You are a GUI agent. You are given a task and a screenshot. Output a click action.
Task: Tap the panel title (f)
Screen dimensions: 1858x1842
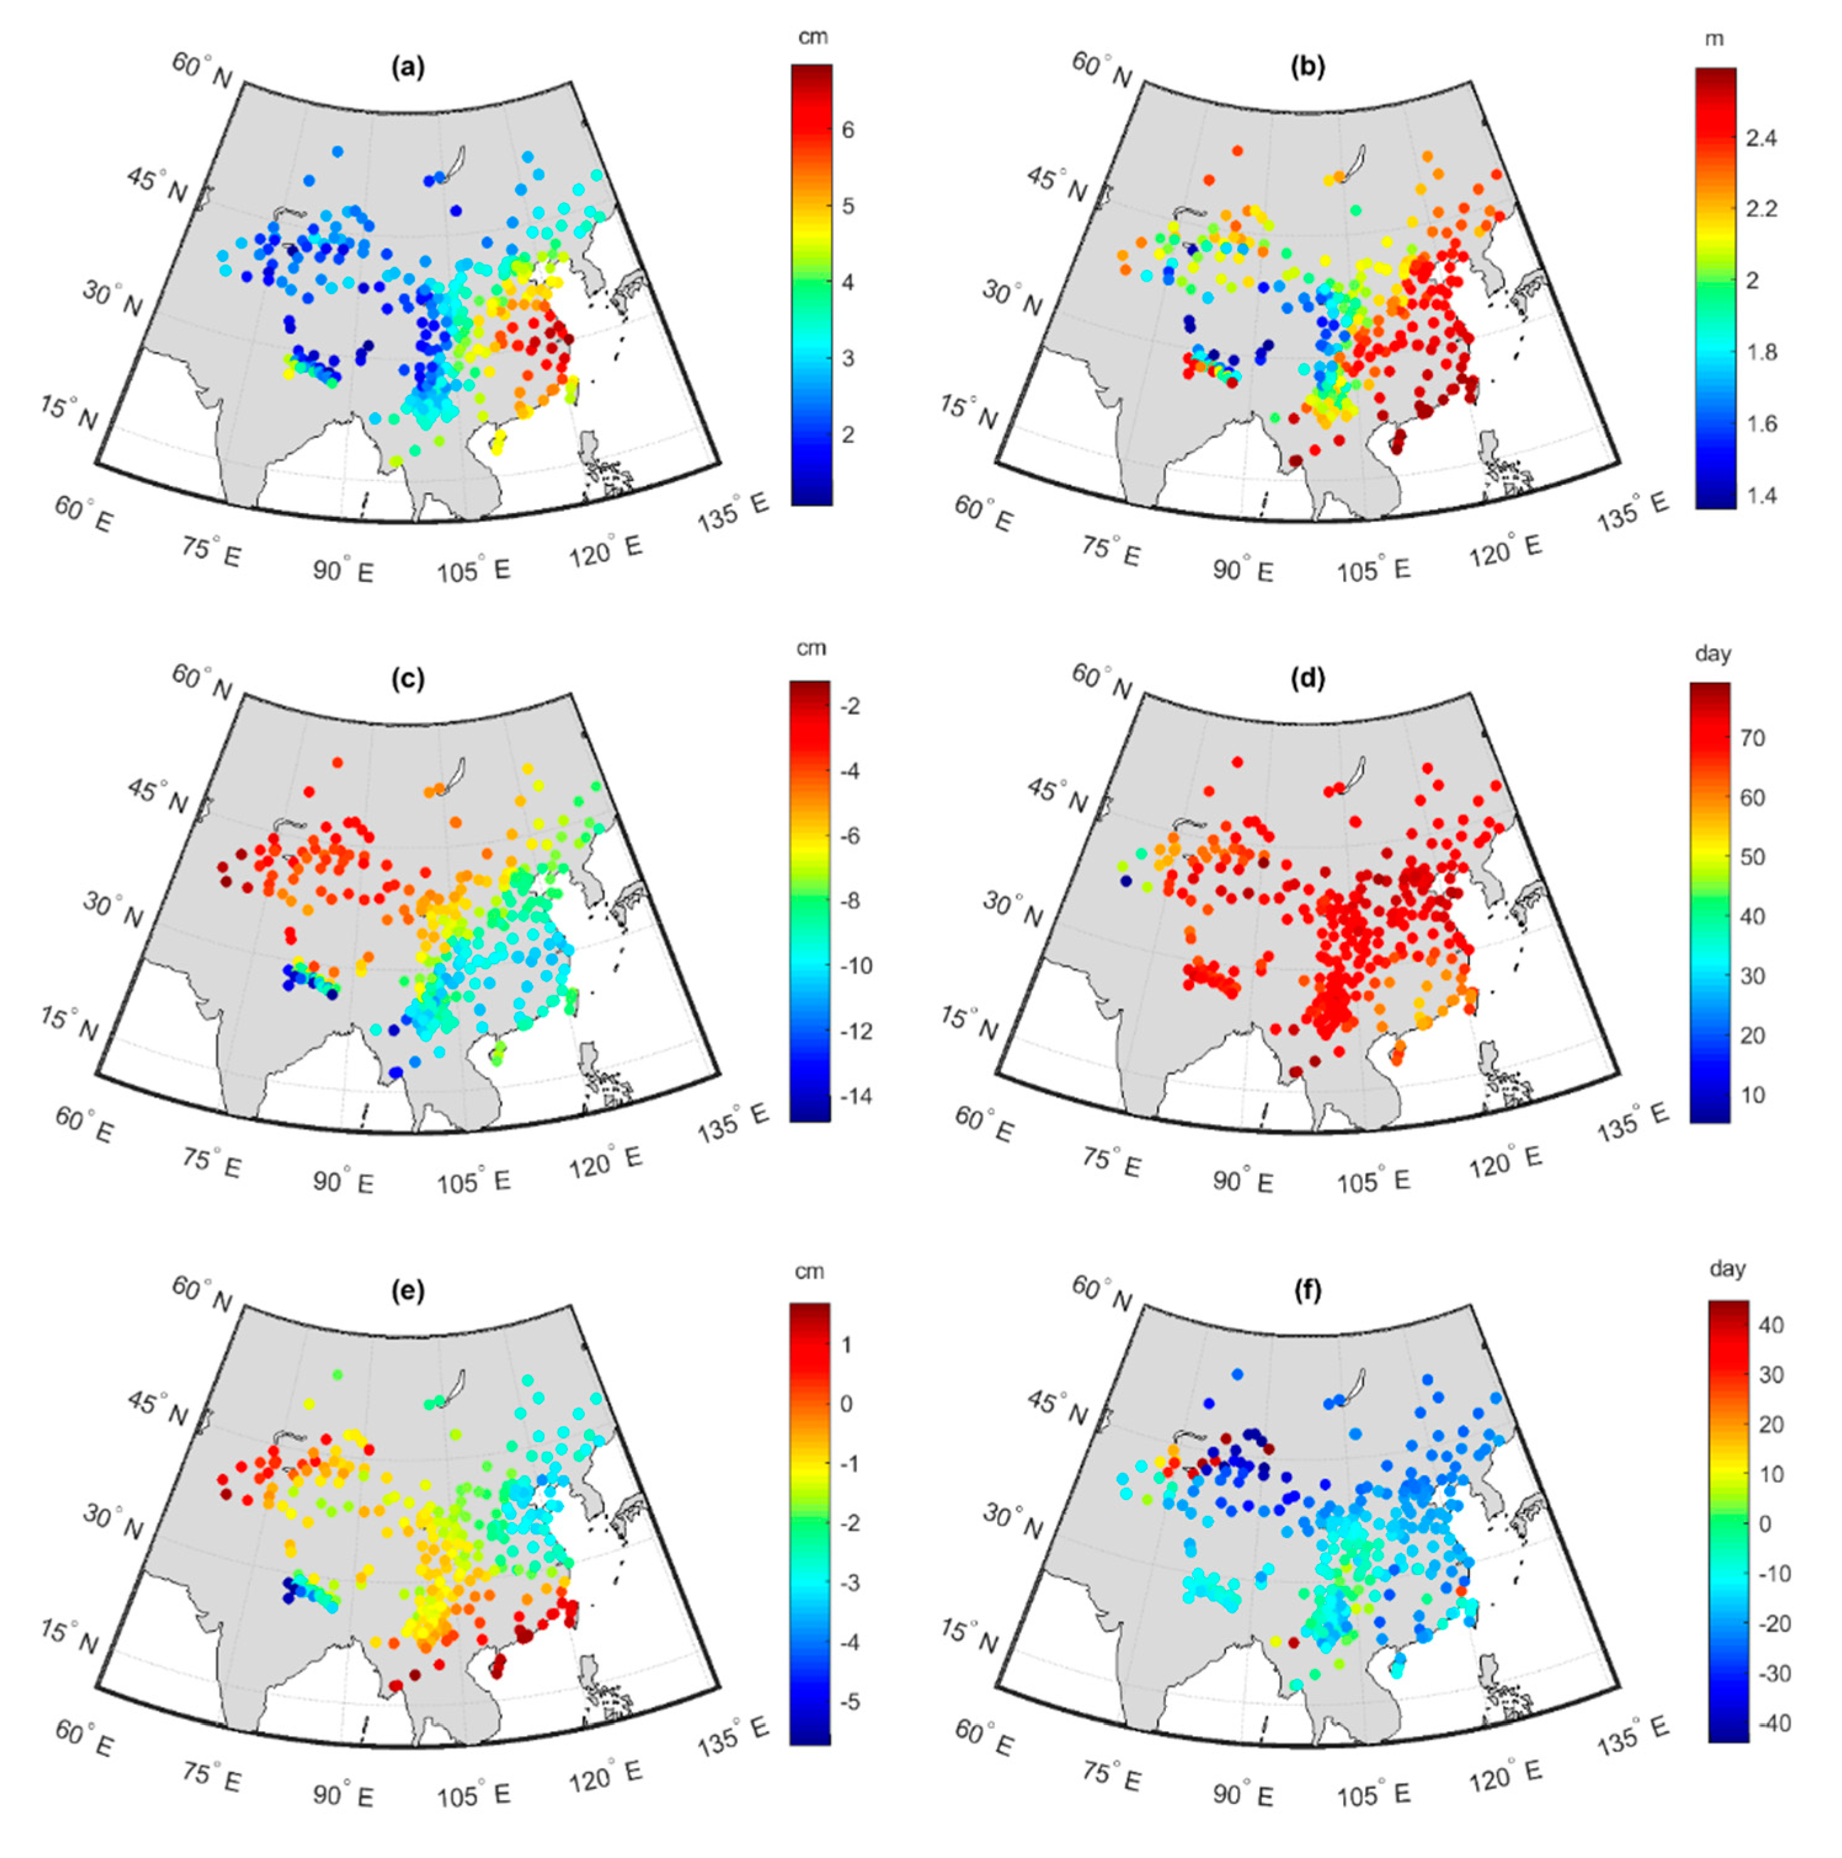point(1308,1291)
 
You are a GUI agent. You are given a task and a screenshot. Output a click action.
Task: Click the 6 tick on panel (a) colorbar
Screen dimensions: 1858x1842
point(847,130)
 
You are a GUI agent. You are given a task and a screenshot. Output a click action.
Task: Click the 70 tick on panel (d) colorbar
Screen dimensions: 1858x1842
point(1753,738)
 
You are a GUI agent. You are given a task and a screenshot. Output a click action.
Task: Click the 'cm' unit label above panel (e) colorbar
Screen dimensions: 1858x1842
point(810,1271)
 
